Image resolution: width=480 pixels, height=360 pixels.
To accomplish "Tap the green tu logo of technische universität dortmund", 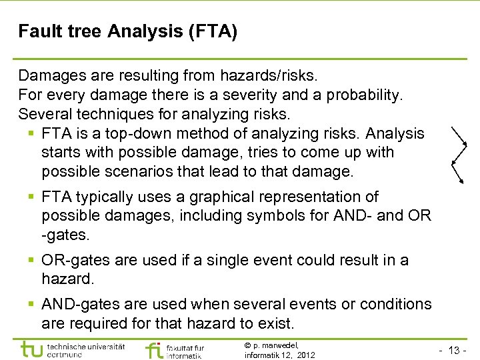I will point(33,349).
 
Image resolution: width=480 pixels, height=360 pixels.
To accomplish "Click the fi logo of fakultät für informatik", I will point(153,349).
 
